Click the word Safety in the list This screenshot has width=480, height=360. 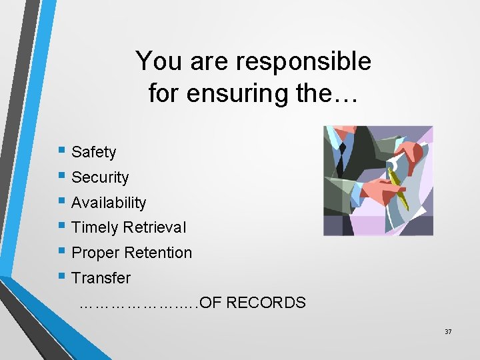93,153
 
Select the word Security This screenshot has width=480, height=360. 100,178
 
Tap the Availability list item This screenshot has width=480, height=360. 108,203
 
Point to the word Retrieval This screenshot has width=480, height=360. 155,228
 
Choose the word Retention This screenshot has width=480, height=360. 159,253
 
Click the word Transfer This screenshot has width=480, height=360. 101,278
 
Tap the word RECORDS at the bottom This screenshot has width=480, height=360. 266,303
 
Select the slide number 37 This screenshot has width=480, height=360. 447,331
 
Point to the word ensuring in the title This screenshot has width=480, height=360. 250,93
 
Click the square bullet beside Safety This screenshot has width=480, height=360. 62,152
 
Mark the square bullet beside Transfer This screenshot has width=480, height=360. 62,277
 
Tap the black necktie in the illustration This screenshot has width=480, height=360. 342,155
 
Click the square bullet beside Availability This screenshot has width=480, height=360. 62,202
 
